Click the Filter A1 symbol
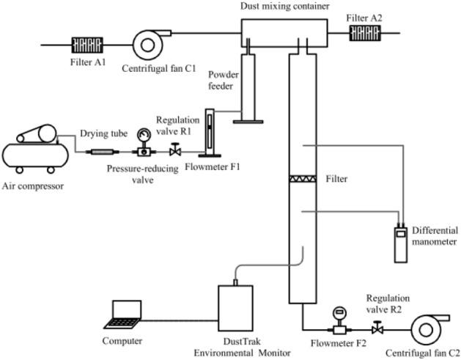click(85, 44)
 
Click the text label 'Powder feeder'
click(221, 81)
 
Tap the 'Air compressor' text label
click(34, 185)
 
